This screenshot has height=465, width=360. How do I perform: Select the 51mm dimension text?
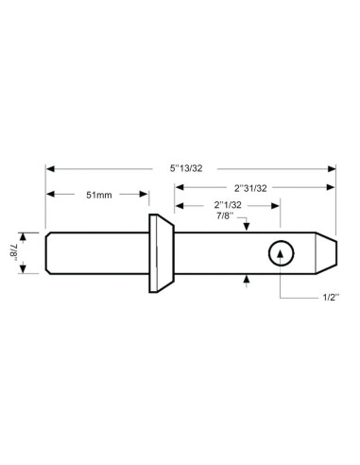(x=98, y=195)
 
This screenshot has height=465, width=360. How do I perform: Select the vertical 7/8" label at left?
(x=26, y=251)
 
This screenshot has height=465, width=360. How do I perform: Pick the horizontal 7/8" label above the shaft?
(x=226, y=215)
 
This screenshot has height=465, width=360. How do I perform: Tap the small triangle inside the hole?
(x=281, y=252)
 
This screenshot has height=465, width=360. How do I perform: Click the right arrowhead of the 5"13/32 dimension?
(x=332, y=171)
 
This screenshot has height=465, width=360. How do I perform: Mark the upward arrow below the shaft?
(x=246, y=277)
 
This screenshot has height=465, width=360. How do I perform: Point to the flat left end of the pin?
(x=46, y=252)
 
